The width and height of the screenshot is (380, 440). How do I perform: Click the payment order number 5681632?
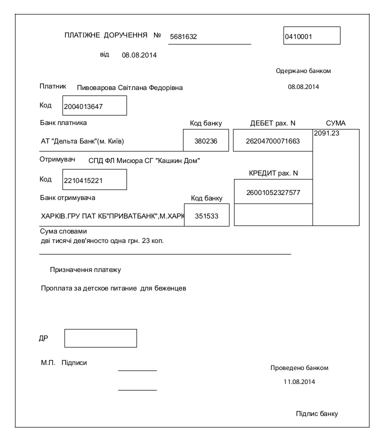point(183,36)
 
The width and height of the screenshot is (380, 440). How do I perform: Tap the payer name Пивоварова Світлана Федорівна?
point(130,87)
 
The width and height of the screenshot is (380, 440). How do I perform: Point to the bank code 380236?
point(206,141)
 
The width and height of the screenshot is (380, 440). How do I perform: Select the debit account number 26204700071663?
point(273,141)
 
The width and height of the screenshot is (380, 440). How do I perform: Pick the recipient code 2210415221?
point(83,180)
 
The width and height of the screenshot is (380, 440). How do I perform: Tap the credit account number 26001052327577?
point(273,192)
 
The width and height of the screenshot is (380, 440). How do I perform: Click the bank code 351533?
point(206,216)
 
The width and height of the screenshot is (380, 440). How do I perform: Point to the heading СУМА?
point(335,123)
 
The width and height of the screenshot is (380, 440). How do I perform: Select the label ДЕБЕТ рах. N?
point(273,123)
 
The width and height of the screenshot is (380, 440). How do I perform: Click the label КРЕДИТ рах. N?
point(273,173)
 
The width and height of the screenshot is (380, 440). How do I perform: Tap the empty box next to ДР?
point(100,338)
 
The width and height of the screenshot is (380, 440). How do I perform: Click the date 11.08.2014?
point(299,381)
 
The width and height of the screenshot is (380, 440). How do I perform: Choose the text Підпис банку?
point(317,413)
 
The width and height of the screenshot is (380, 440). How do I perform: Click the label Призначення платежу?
point(85,270)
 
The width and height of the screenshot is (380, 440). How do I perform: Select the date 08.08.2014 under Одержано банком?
point(303,86)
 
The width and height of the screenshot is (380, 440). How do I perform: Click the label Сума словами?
point(63,231)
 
